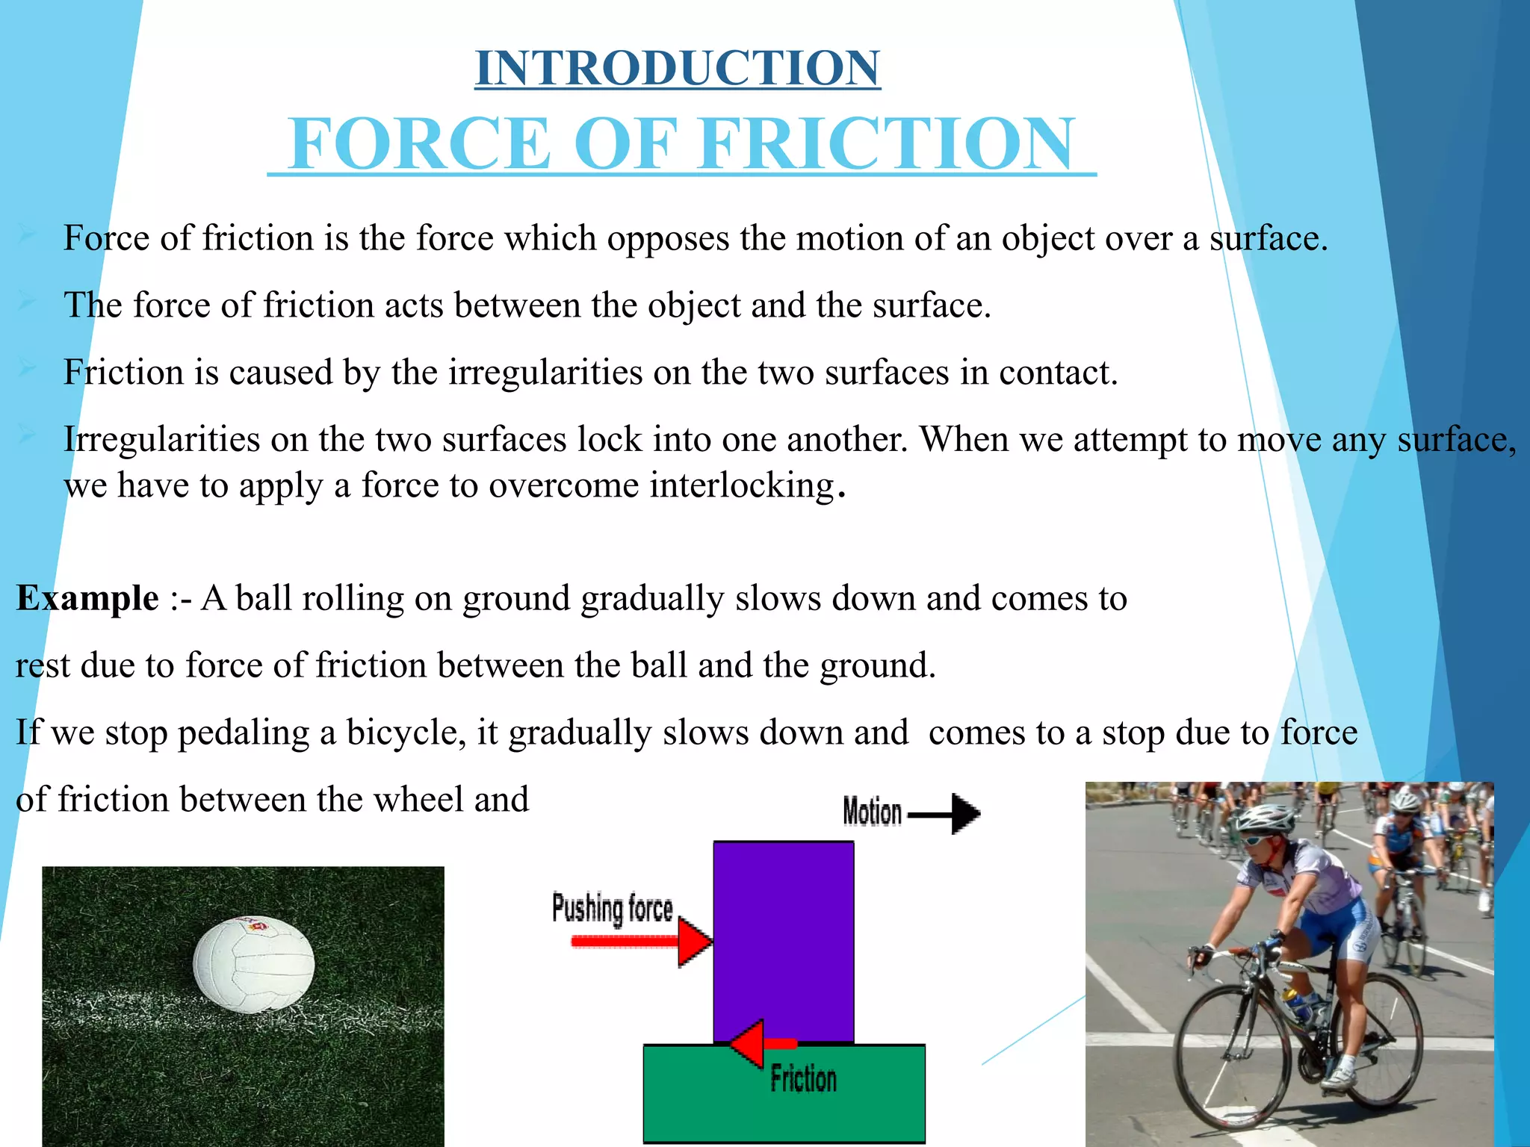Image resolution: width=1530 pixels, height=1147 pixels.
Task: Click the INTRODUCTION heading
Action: pos(678,68)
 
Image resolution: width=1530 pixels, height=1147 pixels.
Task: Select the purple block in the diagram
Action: pos(783,941)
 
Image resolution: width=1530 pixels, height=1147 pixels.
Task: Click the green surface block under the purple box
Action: pos(784,1093)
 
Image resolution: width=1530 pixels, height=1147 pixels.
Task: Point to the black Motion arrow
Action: pos(946,813)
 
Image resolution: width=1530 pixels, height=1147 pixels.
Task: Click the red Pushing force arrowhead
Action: pos(693,942)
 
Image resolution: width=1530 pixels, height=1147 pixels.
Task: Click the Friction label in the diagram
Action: pos(803,1079)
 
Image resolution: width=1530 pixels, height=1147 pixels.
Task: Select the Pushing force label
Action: pos(612,909)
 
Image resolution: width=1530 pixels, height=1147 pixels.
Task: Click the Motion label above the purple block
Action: pos(872,812)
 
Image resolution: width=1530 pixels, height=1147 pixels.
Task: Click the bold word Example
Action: pos(87,598)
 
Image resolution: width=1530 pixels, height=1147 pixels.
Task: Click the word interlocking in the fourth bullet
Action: pos(741,486)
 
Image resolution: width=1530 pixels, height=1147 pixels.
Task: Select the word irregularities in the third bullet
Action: pos(545,372)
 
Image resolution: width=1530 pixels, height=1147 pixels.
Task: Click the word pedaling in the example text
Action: pos(244,733)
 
